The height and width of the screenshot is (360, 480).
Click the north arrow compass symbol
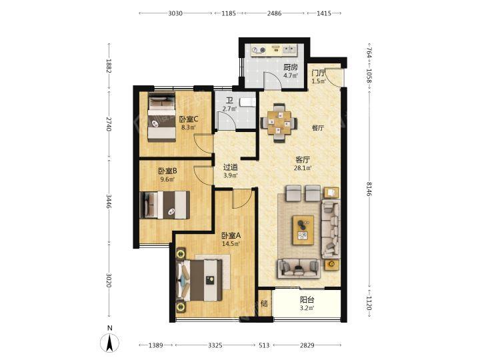click(110, 342)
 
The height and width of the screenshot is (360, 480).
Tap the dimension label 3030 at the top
click(175, 13)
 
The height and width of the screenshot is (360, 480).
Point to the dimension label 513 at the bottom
click(264, 345)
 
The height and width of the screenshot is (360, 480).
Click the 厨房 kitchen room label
click(290, 67)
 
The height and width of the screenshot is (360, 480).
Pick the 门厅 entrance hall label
click(319, 73)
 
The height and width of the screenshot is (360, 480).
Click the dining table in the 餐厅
click(278, 123)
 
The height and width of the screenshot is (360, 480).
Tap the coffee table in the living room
click(303, 230)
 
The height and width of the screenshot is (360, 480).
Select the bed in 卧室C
click(161, 117)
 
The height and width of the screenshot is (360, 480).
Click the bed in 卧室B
click(165, 205)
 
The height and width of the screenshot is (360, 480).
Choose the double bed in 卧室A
click(199, 281)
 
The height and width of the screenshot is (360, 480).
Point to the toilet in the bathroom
click(247, 102)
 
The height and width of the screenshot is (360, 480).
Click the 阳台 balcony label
click(307, 300)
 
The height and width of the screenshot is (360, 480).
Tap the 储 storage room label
click(264, 304)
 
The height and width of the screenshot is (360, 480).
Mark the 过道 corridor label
click(230, 167)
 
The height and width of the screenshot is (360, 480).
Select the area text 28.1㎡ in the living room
click(303, 168)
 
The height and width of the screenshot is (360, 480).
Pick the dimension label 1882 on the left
click(108, 66)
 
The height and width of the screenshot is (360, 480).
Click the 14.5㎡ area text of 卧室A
click(231, 244)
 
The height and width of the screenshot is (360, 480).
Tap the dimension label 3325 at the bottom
click(215, 345)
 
